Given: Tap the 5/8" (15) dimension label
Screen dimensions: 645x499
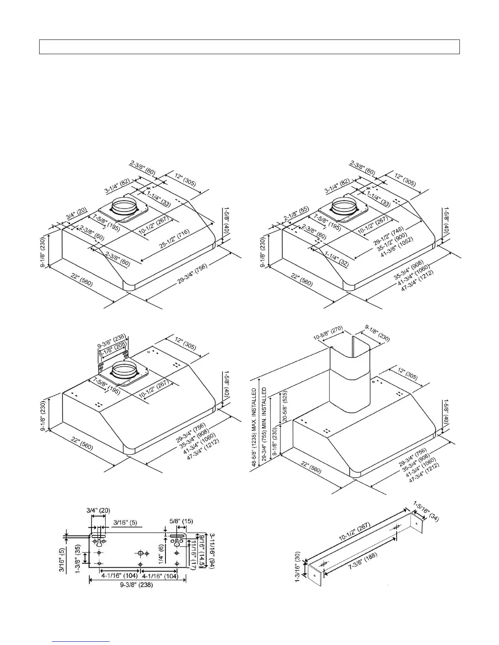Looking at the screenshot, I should click(181, 521).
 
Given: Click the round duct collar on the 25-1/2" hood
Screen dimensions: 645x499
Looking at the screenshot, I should click(123, 207).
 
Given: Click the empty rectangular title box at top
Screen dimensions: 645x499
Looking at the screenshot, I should click(249, 47).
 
